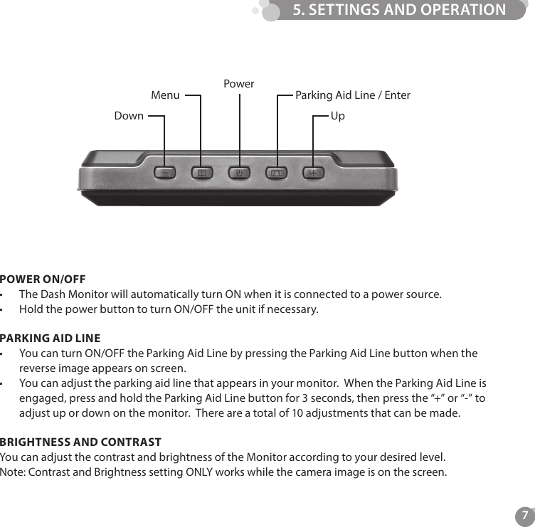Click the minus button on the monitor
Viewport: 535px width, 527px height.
[x=165, y=173]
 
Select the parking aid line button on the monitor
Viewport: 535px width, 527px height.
[x=276, y=173]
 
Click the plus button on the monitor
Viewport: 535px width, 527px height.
[x=313, y=173]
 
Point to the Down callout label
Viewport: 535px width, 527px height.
[x=129, y=115]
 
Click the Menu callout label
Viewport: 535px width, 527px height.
[x=165, y=95]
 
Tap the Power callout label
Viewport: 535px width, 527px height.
[x=238, y=83]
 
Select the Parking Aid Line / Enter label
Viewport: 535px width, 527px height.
[x=352, y=95]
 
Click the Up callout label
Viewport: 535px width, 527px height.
[x=337, y=115]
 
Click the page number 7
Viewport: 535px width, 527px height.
[x=524, y=515]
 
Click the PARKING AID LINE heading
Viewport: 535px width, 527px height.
[x=50, y=338]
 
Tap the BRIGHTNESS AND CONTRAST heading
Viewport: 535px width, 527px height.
[x=80, y=442]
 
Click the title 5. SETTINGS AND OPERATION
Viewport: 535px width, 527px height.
[x=399, y=10]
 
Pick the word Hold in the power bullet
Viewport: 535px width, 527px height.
[x=31, y=309]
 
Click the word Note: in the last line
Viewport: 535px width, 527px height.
[x=14, y=472]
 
